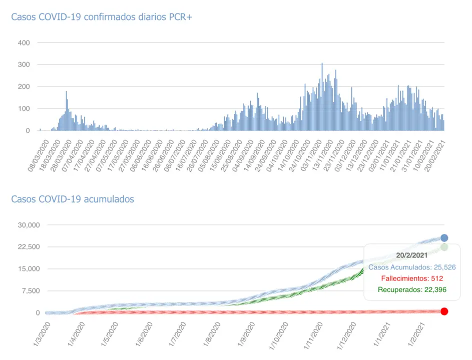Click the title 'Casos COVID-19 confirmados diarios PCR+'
point(102,17)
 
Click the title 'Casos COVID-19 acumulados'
point(73,199)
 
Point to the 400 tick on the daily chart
point(24,43)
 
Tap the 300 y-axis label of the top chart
point(24,65)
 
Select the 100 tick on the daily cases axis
point(24,109)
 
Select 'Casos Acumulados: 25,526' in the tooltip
point(411,267)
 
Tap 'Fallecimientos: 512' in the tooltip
point(411,278)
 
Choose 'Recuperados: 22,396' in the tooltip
point(411,289)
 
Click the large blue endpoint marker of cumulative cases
point(444,238)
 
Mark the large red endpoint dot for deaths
point(444,311)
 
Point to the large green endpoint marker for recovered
point(444,247)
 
